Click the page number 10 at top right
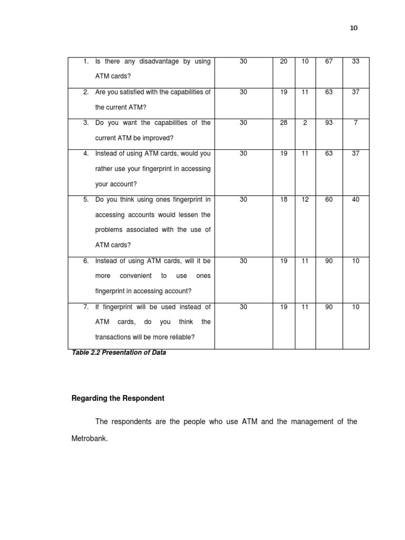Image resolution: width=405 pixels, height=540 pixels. click(353, 28)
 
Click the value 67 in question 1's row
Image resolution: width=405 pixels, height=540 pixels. click(329, 62)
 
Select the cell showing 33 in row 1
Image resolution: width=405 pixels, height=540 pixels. click(355, 62)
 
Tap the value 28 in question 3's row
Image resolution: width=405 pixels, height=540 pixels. click(284, 123)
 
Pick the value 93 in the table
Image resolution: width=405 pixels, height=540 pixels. click(329, 123)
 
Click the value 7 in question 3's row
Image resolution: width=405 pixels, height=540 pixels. click(355, 123)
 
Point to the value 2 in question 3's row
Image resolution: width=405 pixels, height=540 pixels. click(305, 123)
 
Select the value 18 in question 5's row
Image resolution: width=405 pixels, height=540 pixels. click(284, 200)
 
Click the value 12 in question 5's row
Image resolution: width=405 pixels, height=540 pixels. click(305, 200)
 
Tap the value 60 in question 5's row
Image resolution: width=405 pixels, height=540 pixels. click(329, 200)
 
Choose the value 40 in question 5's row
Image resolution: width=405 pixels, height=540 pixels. click(355, 200)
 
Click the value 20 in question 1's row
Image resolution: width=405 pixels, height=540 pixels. click(284, 62)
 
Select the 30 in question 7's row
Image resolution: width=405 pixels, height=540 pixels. click(243, 307)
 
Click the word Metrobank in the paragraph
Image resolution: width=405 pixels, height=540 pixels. click(89, 438)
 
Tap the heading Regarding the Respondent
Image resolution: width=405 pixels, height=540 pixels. click(118, 399)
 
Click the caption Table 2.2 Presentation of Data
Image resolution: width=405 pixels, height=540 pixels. click(119, 353)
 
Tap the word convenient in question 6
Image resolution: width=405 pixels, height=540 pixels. click(136, 276)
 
